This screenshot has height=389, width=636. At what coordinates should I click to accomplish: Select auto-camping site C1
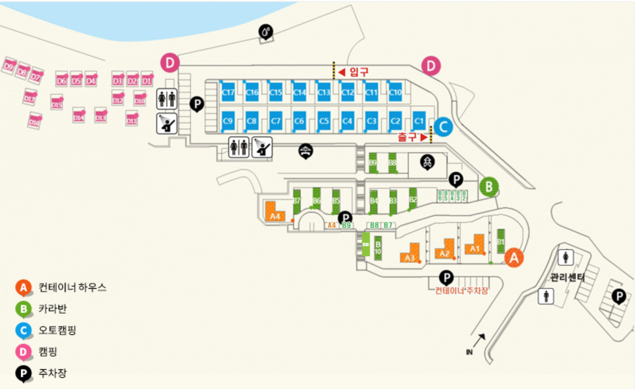pyautogui.click(x=419, y=121)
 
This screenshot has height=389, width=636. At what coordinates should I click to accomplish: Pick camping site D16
pyautogui.click(x=35, y=121)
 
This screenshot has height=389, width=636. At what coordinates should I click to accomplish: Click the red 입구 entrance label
pyautogui.click(x=359, y=72)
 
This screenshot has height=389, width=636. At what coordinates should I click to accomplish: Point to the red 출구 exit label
pyautogui.click(x=408, y=137)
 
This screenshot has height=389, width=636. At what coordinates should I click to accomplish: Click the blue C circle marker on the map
pyautogui.click(x=443, y=127)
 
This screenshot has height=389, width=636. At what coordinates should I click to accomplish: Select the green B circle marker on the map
pyautogui.click(x=489, y=187)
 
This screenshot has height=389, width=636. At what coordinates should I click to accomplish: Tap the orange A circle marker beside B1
pyautogui.click(x=514, y=258)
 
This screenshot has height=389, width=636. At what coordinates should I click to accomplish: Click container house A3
pyautogui.click(x=410, y=254)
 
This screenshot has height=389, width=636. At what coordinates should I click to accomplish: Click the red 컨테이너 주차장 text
pyautogui.click(x=461, y=290)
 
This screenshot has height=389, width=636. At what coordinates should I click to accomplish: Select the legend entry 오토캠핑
pyautogui.click(x=57, y=330)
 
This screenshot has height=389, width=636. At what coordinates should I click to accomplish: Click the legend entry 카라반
pyautogui.click(x=52, y=308)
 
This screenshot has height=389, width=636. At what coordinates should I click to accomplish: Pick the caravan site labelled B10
pyautogui.click(x=378, y=247)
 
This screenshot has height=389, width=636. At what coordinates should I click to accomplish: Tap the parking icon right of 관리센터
pyautogui.click(x=619, y=297)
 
